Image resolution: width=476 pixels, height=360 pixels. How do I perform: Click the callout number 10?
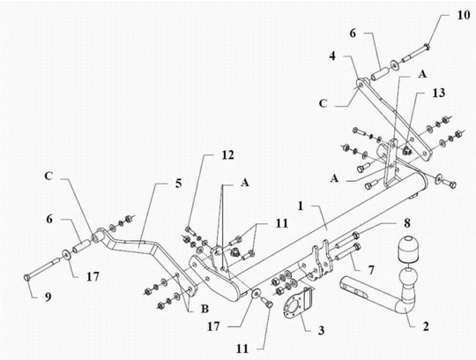(464, 15)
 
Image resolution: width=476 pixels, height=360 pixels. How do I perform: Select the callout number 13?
(439, 93)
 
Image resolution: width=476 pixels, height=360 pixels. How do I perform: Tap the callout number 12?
(227, 155)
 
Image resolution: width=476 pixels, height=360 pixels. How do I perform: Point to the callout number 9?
(48, 296)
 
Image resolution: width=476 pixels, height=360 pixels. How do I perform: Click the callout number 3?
(321, 330)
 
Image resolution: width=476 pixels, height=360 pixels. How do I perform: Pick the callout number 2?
(426, 326)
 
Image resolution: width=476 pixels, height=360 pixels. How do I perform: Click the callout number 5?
(178, 184)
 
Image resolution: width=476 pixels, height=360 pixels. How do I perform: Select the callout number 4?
(332, 56)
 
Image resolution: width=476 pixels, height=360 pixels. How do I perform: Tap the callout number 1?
(301, 206)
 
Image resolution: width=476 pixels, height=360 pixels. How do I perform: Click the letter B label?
(205, 309)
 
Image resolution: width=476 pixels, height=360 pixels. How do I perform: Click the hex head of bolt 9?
(27, 277)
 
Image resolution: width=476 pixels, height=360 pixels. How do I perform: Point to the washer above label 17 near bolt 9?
(66, 255)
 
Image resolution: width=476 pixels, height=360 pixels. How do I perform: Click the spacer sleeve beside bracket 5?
(82, 246)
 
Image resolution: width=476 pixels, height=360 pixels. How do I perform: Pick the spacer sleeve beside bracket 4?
(380, 74)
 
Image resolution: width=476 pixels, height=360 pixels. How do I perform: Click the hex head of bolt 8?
(355, 235)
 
